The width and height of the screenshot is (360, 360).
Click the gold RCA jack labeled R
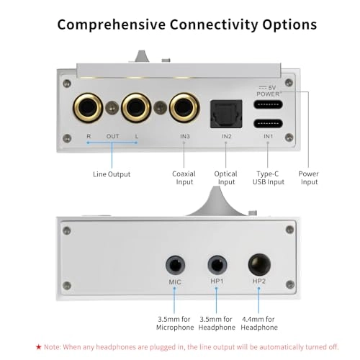pos(88,109)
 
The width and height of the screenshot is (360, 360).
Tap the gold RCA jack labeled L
pos(136,109)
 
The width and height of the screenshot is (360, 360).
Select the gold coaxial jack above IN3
pos(184,109)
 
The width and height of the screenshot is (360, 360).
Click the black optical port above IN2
pos(225,112)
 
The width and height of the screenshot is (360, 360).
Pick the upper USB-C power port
pos(268,103)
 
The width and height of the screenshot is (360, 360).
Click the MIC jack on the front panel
pos(175,264)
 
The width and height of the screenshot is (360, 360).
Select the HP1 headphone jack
pos(217,264)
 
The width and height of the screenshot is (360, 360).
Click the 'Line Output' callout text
pos(112,174)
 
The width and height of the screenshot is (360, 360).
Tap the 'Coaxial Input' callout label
pos(184,178)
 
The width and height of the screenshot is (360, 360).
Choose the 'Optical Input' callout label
pos(225,178)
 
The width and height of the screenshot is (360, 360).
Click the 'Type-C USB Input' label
pos(268,178)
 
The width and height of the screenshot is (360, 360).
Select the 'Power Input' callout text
pos(308,178)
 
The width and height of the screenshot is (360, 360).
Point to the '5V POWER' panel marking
pos(268,89)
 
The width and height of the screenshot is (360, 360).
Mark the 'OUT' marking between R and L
pos(112,135)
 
